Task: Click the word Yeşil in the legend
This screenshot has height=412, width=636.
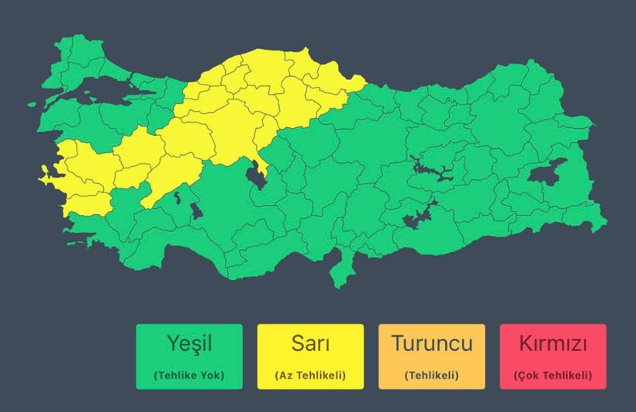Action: [x=188, y=343]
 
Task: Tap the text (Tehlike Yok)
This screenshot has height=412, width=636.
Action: [x=188, y=376]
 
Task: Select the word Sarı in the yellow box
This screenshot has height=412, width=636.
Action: [x=310, y=343]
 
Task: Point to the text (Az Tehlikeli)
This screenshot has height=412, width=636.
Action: [x=310, y=376]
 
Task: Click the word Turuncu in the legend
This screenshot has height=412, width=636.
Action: [x=431, y=343]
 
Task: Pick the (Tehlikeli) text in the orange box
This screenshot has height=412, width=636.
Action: [x=431, y=376]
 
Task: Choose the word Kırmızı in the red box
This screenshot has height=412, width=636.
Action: [x=553, y=343]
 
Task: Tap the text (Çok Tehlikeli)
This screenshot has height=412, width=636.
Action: [x=553, y=376]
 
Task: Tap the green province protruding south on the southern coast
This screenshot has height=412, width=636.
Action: [x=339, y=272]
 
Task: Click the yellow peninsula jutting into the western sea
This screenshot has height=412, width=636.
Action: [x=48, y=178]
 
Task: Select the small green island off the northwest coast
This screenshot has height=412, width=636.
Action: [x=32, y=104]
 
